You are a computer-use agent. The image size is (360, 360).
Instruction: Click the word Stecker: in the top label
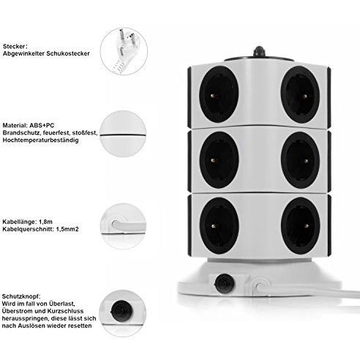click(x=15, y=46)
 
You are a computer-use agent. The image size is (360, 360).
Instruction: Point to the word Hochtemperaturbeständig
click(x=40, y=140)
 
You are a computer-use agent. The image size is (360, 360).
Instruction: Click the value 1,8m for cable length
click(x=45, y=222)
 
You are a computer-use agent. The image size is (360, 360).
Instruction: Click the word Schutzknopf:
click(x=21, y=296)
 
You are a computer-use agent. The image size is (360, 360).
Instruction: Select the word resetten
click(x=80, y=326)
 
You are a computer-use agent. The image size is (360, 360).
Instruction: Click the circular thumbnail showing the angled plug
click(x=124, y=51)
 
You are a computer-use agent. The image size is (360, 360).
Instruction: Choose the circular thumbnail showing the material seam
click(x=123, y=134)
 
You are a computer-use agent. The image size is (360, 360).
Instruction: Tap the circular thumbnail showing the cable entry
click(x=124, y=226)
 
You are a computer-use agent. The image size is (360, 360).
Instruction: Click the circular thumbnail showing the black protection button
click(x=123, y=313)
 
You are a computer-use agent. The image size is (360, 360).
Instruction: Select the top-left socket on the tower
click(x=219, y=94)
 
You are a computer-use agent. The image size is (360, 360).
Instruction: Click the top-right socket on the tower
click(x=301, y=94)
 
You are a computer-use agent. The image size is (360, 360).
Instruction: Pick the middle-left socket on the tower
click(x=219, y=160)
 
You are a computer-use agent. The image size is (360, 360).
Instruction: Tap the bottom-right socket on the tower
click(x=301, y=225)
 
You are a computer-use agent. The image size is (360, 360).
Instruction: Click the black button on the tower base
click(x=224, y=284)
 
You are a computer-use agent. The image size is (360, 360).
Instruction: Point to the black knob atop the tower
click(x=259, y=51)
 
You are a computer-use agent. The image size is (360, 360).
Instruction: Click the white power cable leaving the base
click(x=308, y=290)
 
